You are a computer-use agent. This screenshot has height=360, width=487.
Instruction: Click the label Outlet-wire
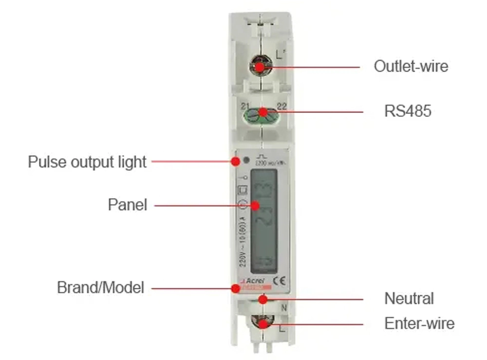411,66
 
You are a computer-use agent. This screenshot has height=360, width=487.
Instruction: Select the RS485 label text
408,111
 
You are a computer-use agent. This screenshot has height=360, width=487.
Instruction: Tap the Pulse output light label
87,162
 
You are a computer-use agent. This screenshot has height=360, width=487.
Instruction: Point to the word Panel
127,205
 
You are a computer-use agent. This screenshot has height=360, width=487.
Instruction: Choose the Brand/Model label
101,287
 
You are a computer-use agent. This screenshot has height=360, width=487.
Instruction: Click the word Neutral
409,298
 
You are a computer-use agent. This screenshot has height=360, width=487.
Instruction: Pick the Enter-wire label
419,323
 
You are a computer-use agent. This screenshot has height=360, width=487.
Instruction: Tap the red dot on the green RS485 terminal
263,112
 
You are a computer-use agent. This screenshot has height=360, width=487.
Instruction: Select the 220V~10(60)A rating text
243,239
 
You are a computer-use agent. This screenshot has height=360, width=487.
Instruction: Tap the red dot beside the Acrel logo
236,288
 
